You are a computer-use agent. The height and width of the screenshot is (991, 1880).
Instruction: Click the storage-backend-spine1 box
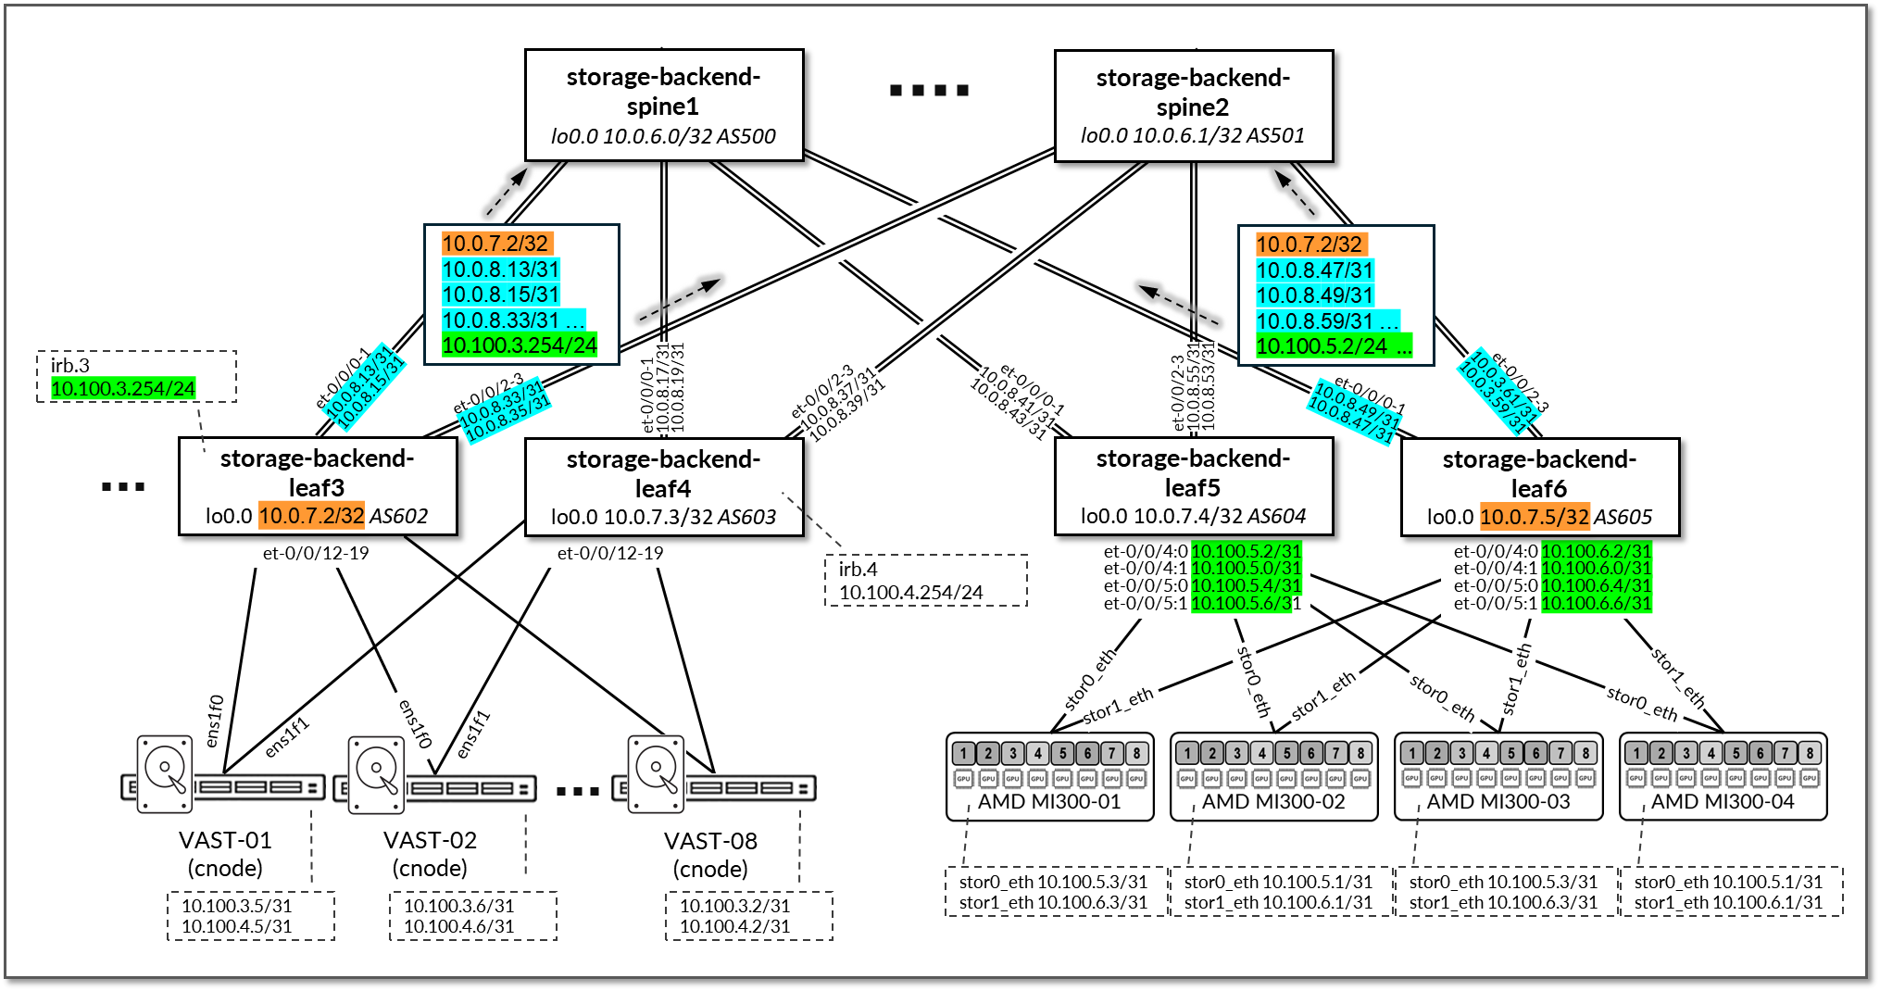[664, 106]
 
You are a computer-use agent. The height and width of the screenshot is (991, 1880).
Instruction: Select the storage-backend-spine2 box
[1194, 107]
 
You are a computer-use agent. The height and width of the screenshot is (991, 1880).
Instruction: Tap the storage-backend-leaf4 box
[664, 487]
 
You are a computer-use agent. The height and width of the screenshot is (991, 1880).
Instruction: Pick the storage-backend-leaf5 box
[1194, 487]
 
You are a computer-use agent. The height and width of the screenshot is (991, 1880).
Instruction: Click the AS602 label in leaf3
[398, 516]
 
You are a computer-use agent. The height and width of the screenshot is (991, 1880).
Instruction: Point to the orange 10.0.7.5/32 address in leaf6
[1534, 517]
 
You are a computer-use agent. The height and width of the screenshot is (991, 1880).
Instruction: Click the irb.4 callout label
[858, 569]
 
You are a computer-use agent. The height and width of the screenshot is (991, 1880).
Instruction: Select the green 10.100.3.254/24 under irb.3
[123, 388]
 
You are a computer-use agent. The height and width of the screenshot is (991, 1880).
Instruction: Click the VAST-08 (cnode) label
[710, 854]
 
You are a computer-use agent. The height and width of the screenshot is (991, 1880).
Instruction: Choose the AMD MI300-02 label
[1273, 802]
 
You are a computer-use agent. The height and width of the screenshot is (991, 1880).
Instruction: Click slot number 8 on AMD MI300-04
[1809, 753]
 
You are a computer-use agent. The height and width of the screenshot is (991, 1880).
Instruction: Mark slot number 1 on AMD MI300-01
[963, 753]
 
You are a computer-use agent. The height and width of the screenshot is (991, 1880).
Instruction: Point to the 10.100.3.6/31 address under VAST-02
[458, 906]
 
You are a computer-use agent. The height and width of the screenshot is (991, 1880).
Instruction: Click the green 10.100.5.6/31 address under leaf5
[1246, 603]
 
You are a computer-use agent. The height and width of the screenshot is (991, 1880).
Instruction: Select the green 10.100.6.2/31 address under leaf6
[1596, 551]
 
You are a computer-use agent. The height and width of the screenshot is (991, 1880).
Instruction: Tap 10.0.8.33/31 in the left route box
[501, 320]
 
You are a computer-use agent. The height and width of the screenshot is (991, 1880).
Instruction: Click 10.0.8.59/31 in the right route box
[1314, 321]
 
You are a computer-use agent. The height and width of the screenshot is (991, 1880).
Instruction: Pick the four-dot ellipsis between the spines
[929, 90]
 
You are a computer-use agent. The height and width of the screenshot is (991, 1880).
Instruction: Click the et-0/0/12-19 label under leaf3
[316, 553]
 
